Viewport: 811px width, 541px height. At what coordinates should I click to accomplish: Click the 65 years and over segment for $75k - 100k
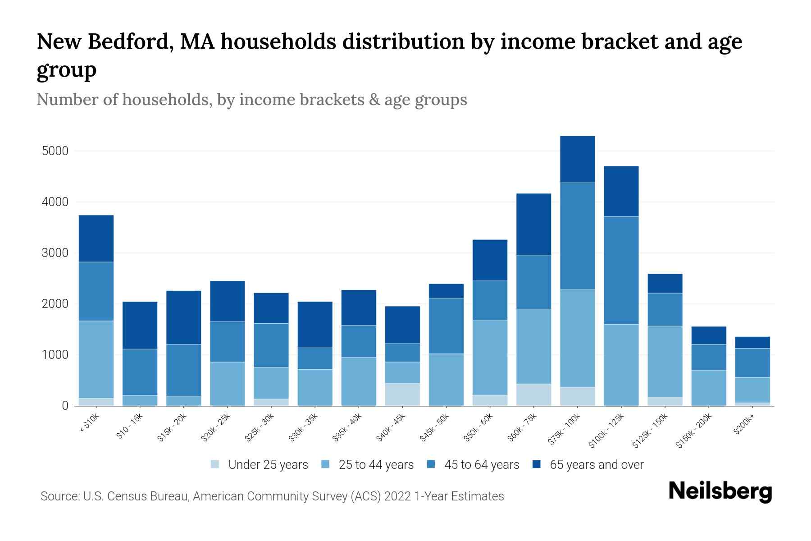tap(577, 159)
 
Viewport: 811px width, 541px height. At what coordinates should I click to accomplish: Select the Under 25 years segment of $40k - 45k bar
tap(402, 394)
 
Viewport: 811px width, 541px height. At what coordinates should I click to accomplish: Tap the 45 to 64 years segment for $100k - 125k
tap(621, 270)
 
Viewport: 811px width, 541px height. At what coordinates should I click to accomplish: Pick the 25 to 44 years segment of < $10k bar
tap(96, 359)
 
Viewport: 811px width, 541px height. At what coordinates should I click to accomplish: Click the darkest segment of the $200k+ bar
tap(752, 343)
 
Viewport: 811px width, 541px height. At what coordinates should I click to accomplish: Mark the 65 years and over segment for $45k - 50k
tap(446, 291)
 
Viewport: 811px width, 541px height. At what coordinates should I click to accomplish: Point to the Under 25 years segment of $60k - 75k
tap(533, 394)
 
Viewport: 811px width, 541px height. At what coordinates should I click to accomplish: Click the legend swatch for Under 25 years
tap(215, 464)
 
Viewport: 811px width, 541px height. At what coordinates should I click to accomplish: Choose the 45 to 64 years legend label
tap(481, 464)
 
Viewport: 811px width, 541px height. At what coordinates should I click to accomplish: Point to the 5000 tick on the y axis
tap(55, 151)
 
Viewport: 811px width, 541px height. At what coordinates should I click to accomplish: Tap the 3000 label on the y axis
tap(55, 253)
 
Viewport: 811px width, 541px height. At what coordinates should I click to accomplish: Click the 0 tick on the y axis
tap(65, 406)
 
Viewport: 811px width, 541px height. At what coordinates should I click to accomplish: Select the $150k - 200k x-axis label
tap(694, 431)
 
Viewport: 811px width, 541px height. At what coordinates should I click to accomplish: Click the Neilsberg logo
tap(720, 491)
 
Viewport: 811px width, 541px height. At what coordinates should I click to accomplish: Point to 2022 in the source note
tap(398, 496)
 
